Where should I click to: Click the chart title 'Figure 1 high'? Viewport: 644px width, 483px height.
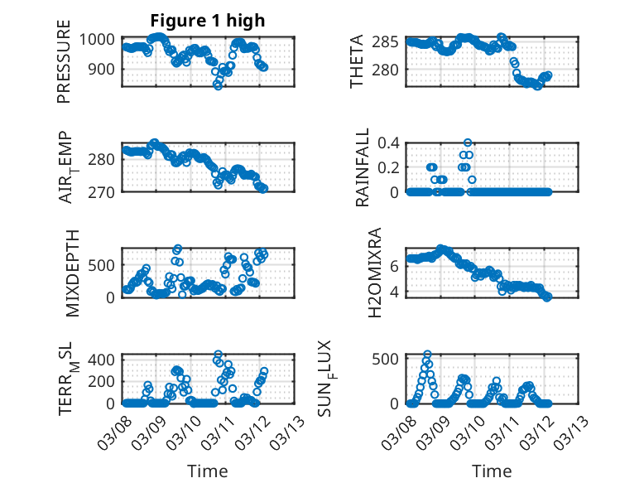click(x=207, y=21)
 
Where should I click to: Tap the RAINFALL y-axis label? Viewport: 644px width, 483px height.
click(x=362, y=167)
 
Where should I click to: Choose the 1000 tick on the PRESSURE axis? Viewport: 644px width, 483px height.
click(x=102, y=39)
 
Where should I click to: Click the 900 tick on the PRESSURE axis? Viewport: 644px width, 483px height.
click(x=106, y=69)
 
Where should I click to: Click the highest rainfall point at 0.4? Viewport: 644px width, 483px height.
click(x=468, y=142)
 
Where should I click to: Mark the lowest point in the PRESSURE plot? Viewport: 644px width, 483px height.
click(x=218, y=85)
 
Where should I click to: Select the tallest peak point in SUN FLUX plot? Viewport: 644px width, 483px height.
click(x=427, y=355)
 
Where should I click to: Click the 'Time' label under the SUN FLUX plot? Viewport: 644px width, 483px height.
click(x=492, y=471)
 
